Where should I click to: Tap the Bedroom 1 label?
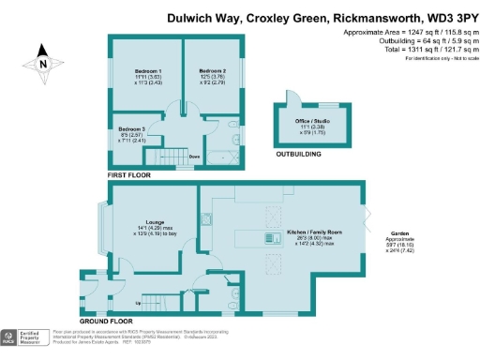tap(146, 71)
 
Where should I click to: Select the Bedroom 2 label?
tap(214, 71)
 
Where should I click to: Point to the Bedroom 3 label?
tap(130, 128)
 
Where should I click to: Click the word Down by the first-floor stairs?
tap(195, 157)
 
